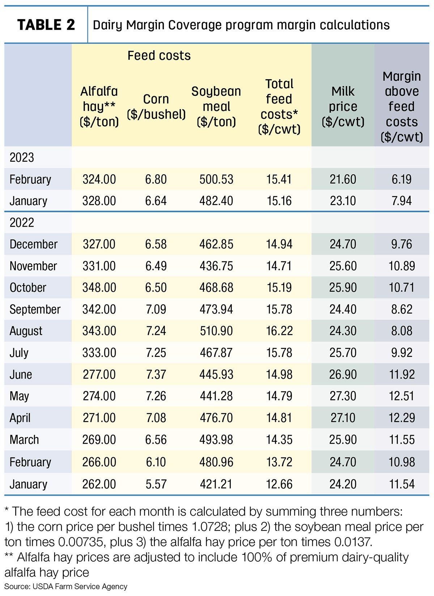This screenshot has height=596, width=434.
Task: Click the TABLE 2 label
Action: tap(46, 25)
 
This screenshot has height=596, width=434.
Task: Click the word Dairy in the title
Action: tap(107, 25)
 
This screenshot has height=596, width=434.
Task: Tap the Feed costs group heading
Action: tap(159, 56)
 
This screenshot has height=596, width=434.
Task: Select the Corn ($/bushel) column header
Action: tap(156, 107)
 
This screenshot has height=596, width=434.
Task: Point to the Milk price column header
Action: tap(343, 107)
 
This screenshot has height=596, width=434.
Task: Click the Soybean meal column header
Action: tap(216, 107)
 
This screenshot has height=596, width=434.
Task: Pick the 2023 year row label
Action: tap(22, 158)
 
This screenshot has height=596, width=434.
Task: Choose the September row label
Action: tap(35, 310)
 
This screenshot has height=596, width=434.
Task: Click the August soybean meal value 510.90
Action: tap(216, 331)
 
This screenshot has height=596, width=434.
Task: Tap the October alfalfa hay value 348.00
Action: tap(99, 288)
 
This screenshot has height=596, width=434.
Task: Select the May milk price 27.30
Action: tap(343, 396)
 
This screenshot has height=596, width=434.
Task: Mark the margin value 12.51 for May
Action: tap(402, 396)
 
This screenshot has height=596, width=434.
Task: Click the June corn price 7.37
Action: tap(156, 374)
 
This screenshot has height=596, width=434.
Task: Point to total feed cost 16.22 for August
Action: tap(279, 331)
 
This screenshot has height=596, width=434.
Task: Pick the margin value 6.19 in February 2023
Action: tap(402, 179)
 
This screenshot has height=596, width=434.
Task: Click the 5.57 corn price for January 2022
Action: tap(156, 484)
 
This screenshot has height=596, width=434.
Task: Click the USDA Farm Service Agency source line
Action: tap(66, 587)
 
